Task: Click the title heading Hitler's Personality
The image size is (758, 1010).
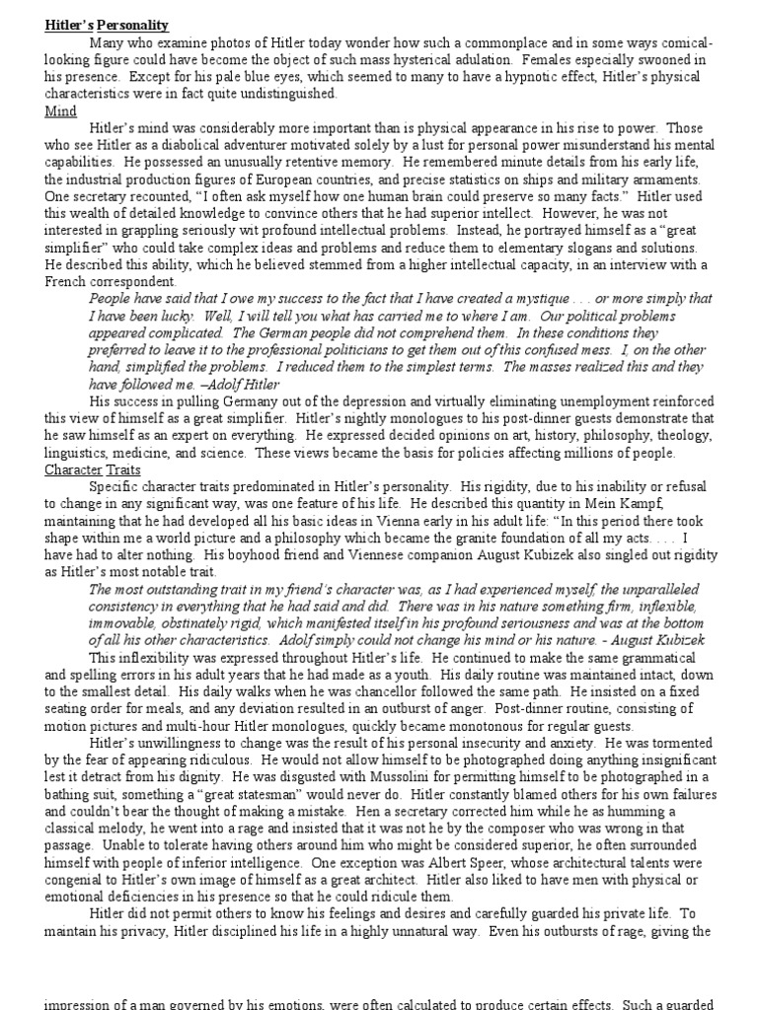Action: [x=106, y=25]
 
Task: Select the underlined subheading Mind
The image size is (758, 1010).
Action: [x=60, y=111]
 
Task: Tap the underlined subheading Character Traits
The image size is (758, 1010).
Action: [x=94, y=469]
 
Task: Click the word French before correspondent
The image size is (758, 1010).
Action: [x=68, y=281]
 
